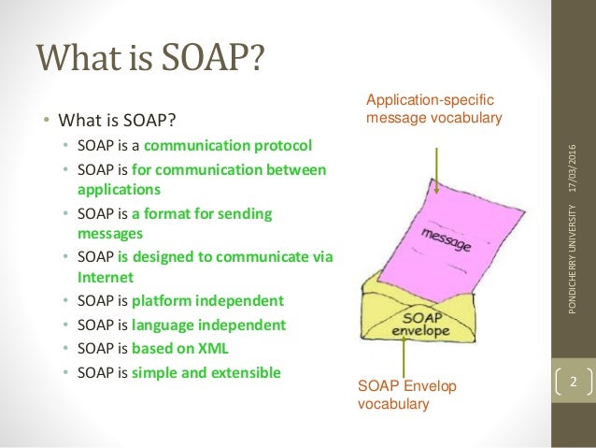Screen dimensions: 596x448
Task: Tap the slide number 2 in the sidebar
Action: click(x=574, y=382)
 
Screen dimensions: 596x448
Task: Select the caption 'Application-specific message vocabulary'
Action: click(x=433, y=109)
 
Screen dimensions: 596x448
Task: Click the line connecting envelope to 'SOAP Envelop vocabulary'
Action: click(x=403, y=356)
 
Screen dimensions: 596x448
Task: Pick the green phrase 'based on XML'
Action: click(x=193, y=348)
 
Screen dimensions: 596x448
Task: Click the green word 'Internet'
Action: click(x=106, y=278)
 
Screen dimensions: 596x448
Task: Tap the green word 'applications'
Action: click(x=119, y=188)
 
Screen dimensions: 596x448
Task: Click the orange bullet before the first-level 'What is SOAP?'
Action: click(x=44, y=121)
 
